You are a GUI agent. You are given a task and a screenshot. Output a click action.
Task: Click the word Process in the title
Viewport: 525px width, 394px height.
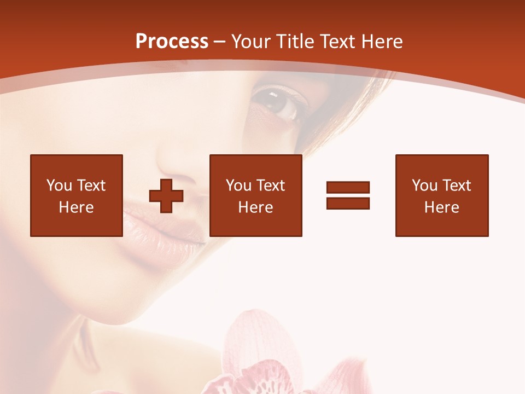click(x=172, y=42)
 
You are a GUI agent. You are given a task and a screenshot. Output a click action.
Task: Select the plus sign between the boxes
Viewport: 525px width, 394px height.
click(x=166, y=195)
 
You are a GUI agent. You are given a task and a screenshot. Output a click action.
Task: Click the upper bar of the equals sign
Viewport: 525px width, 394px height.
click(x=348, y=187)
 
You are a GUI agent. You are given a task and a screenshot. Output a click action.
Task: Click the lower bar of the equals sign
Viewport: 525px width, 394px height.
click(x=348, y=203)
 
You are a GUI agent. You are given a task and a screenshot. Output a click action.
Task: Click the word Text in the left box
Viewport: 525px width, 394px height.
click(x=91, y=186)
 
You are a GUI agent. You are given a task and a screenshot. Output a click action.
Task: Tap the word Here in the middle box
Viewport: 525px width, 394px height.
click(x=255, y=207)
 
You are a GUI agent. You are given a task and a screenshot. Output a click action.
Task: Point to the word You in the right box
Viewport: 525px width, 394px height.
click(x=424, y=186)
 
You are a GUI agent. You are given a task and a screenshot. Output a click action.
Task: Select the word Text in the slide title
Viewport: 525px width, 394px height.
click(x=335, y=42)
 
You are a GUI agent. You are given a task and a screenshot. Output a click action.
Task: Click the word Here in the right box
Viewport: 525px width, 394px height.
click(x=441, y=207)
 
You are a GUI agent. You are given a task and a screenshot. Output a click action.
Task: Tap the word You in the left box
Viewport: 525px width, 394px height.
click(x=59, y=186)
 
